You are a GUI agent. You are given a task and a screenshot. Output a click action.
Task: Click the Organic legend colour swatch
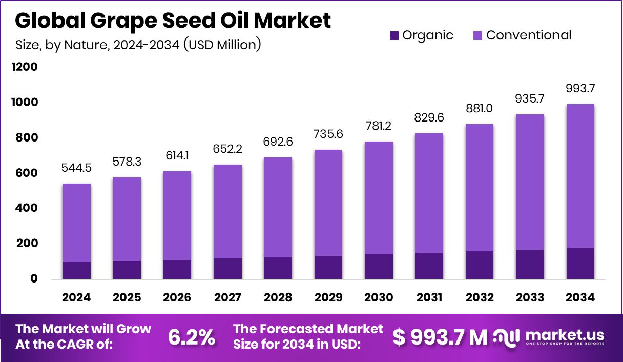point(394,35)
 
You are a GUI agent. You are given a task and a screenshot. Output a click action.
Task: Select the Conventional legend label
point(529,35)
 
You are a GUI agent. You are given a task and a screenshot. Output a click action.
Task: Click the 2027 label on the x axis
point(227,298)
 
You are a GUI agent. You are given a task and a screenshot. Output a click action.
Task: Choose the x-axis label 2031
point(429,298)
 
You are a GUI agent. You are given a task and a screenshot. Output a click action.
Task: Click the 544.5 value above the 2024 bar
point(76,168)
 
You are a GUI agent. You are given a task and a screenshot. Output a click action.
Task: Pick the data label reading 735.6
point(328,134)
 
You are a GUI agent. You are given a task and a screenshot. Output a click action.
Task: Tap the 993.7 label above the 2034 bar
point(580,89)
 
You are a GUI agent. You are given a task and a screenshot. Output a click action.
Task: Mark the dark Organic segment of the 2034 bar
point(580,263)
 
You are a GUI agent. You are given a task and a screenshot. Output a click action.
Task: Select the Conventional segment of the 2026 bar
point(177,215)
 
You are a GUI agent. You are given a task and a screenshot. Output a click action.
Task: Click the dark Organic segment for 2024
point(76,270)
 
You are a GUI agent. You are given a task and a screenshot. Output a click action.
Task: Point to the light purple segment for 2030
point(379,198)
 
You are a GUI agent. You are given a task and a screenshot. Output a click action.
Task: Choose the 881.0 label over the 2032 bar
point(480,109)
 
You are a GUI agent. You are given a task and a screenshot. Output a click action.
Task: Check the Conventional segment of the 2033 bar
point(530,182)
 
